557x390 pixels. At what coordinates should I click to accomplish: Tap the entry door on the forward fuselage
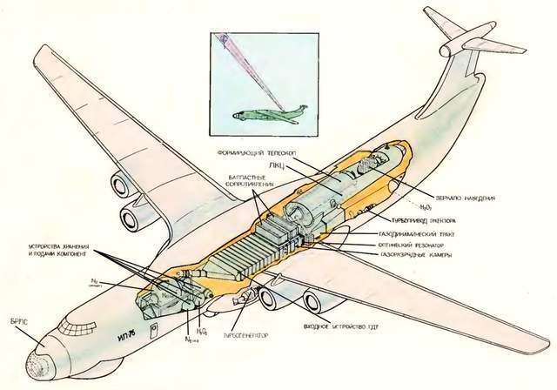point(153,332)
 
